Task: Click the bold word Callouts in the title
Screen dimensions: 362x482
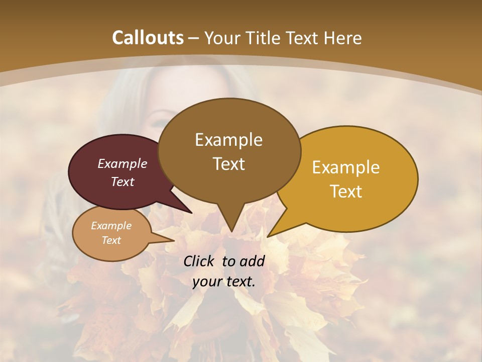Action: click(x=148, y=38)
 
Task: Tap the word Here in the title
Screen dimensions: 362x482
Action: click(x=342, y=38)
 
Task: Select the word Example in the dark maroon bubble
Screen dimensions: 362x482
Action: click(x=123, y=163)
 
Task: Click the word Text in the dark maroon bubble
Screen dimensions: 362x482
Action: click(x=123, y=182)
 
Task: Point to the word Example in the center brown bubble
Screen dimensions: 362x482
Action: click(x=228, y=140)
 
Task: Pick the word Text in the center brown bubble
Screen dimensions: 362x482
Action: click(x=228, y=164)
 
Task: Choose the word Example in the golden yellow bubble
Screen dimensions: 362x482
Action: click(x=346, y=167)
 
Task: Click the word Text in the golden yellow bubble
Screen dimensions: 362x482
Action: click(x=346, y=192)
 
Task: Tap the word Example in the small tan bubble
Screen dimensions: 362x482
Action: click(x=111, y=226)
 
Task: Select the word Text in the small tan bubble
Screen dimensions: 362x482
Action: click(x=111, y=240)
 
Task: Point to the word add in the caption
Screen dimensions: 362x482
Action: click(x=253, y=261)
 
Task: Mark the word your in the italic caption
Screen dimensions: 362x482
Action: click(x=207, y=282)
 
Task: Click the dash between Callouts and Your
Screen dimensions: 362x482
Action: click(x=194, y=38)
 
